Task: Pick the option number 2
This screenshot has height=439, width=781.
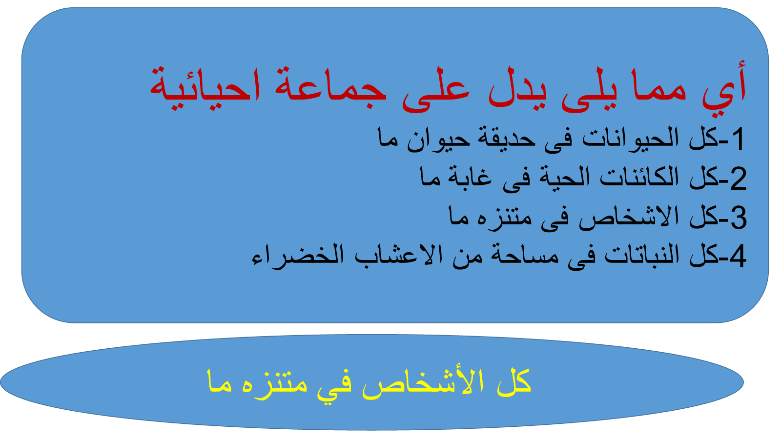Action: coord(738,179)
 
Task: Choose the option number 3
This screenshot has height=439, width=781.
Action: coord(738,218)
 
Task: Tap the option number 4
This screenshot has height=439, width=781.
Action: coord(738,257)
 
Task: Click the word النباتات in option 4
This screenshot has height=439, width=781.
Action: coord(642,255)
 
